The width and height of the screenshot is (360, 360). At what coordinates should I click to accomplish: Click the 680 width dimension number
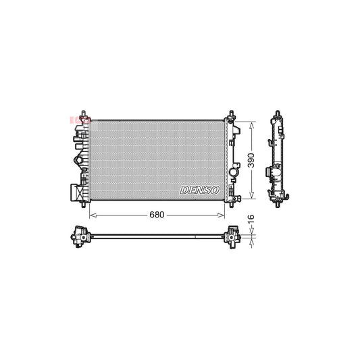[156, 215]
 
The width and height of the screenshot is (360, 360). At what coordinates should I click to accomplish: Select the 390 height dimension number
[251, 161]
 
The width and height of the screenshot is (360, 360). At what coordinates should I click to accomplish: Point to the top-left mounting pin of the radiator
[82, 111]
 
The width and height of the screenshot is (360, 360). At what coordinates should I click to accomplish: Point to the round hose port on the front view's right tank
[234, 174]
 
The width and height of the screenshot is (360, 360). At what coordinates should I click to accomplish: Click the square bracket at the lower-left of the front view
[73, 192]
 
